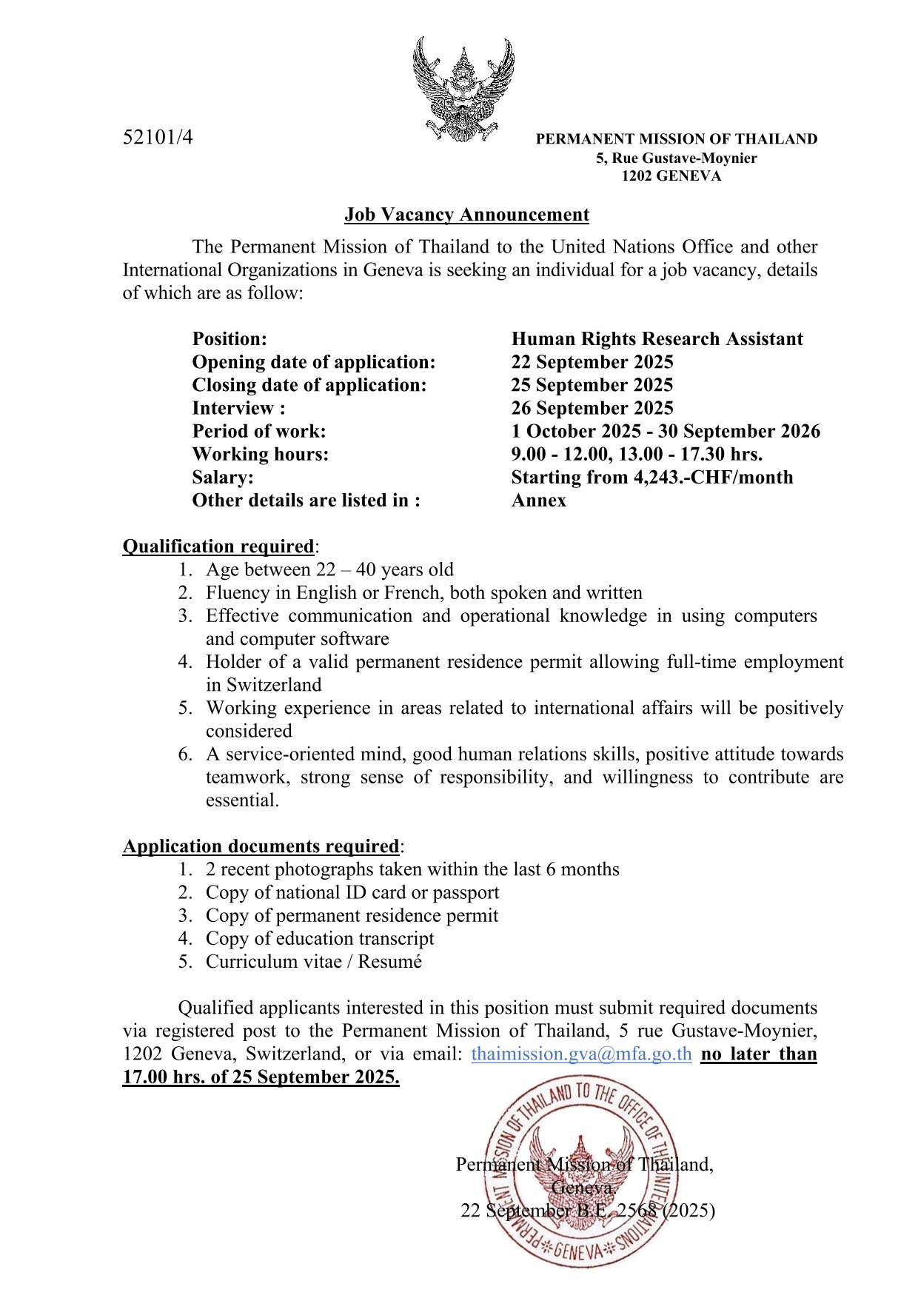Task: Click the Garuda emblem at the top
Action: point(463,90)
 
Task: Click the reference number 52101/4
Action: point(158,137)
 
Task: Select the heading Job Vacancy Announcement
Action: point(466,215)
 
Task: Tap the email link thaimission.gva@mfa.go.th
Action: point(581,1054)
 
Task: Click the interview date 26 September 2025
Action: point(592,408)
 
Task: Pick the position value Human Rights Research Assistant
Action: point(657,339)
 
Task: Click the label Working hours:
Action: point(261,454)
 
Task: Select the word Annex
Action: point(539,501)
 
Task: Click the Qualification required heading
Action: point(218,546)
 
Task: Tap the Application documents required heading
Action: point(261,846)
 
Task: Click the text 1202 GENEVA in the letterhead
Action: point(671,176)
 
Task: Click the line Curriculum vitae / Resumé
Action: point(314,962)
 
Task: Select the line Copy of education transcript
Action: point(320,939)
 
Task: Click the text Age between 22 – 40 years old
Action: point(329,569)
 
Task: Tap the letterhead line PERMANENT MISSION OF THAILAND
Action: point(677,139)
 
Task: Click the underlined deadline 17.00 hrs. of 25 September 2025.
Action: point(261,1077)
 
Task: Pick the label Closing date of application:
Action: point(309,385)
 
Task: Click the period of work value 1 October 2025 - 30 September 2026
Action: point(666,431)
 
